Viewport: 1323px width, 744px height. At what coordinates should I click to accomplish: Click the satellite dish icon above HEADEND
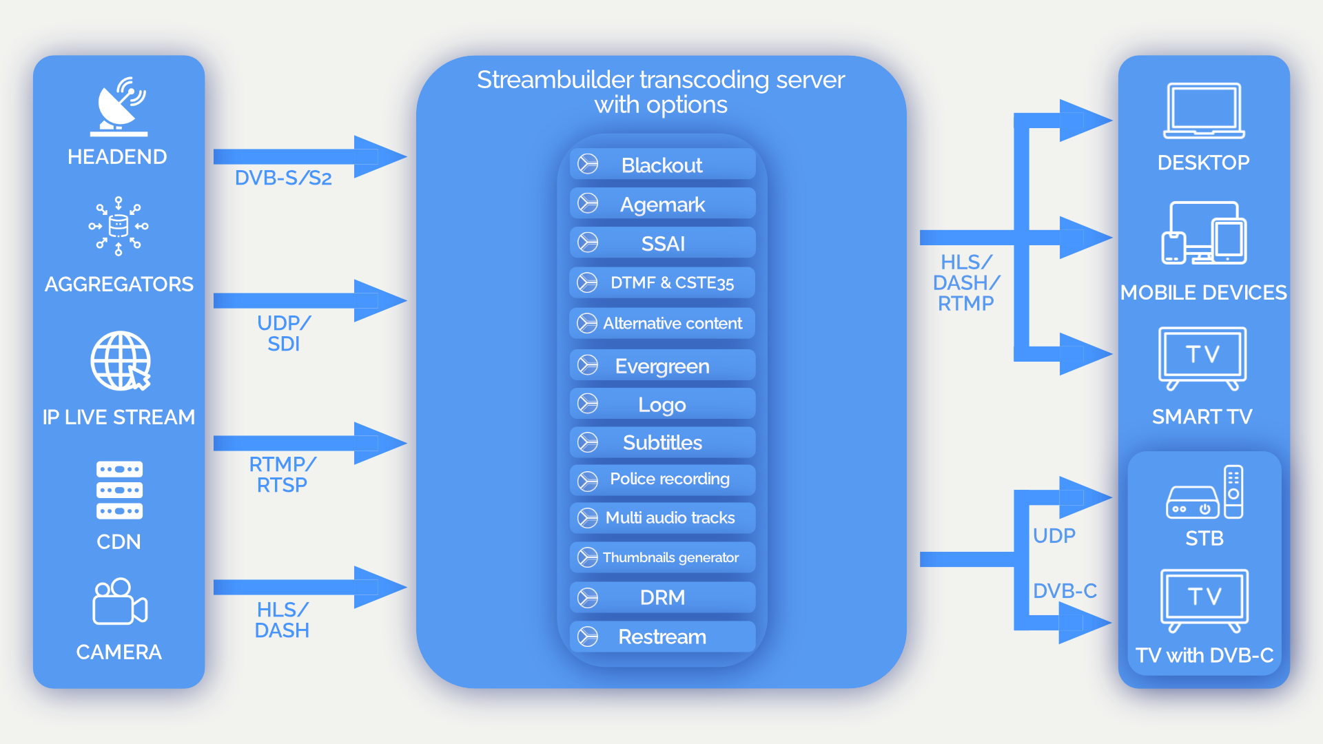[x=119, y=107]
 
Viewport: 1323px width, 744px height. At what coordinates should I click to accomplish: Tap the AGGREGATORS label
[x=119, y=284]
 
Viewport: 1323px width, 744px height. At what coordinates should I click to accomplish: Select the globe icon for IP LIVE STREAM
[x=121, y=361]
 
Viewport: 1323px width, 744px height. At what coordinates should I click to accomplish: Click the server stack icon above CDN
[x=119, y=490]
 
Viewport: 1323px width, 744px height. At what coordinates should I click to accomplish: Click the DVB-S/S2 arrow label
[x=283, y=178]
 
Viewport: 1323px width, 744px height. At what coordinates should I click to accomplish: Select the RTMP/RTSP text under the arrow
[x=282, y=475]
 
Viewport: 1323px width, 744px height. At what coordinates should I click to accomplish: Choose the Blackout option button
[x=662, y=165]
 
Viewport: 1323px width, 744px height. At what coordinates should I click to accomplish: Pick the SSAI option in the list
[x=662, y=243]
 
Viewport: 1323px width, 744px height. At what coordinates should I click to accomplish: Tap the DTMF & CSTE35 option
[x=662, y=282]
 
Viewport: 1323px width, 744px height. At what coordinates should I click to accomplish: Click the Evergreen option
[x=662, y=366]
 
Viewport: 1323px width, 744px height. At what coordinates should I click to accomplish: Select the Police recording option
[x=662, y=479]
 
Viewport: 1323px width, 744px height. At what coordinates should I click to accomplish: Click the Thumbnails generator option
[x=662, y=557]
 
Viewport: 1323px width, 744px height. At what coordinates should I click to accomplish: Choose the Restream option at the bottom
[x=662, y=637]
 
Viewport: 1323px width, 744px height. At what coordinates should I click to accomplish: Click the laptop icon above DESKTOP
[x=1204, y=110]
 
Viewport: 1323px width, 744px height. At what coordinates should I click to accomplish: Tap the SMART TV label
[x=1202, y=416]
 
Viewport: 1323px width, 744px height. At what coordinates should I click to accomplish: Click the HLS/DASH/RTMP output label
[x=965, y=282]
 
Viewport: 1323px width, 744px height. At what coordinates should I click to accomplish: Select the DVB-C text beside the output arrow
[x=1065, y=590]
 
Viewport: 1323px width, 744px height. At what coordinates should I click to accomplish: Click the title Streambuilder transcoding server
[x=661, y=80]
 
